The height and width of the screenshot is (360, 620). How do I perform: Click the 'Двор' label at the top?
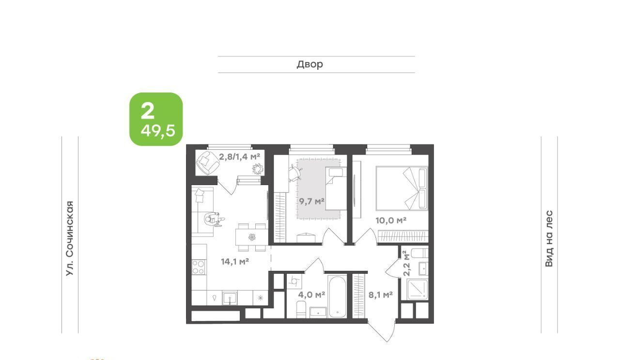[x=310, y=64]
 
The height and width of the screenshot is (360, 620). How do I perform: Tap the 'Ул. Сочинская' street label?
[x=70, y=238]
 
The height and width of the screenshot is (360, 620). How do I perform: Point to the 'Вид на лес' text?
[x=549, y=238]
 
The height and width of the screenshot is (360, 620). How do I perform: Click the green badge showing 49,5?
[x=156, y=119]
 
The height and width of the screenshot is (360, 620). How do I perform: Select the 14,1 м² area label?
[x=235, y=261]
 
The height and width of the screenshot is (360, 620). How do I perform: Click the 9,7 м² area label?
[x=311, y=201]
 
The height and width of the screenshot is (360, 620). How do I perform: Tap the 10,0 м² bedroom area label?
[x=391, y=220]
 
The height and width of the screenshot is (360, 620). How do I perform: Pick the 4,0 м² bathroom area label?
[x=311, y=295]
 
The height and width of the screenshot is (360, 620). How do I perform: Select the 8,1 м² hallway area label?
[x=381, y=295]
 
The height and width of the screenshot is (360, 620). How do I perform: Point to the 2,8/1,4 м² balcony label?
[x=240, y=157]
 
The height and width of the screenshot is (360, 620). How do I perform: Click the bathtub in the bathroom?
[x=338, y=297]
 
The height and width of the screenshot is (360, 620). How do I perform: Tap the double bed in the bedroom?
[x=402, y=188]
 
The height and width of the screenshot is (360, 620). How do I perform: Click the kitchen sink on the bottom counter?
[x=230, y=298]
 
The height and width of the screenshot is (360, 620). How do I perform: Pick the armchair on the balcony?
[x=207, y=162]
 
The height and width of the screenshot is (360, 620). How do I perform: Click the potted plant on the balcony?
[x=257, y=169]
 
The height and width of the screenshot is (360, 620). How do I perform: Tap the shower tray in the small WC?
[x=418, y=290]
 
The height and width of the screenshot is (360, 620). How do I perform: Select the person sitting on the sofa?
[x=214, y=219]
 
